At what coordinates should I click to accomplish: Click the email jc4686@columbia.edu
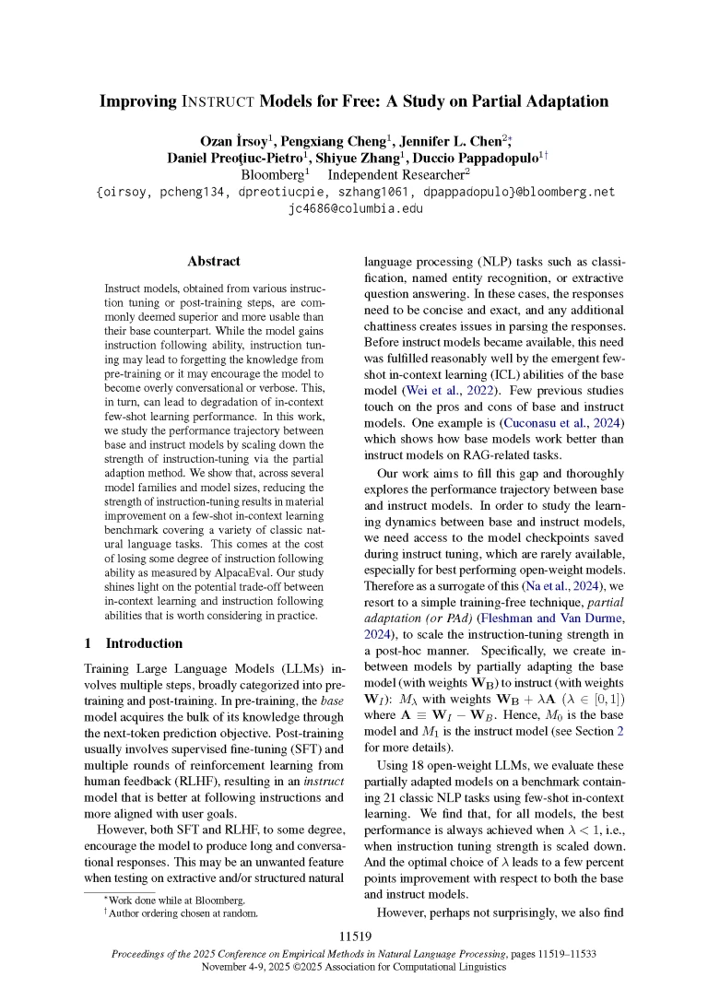[355, 207]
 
